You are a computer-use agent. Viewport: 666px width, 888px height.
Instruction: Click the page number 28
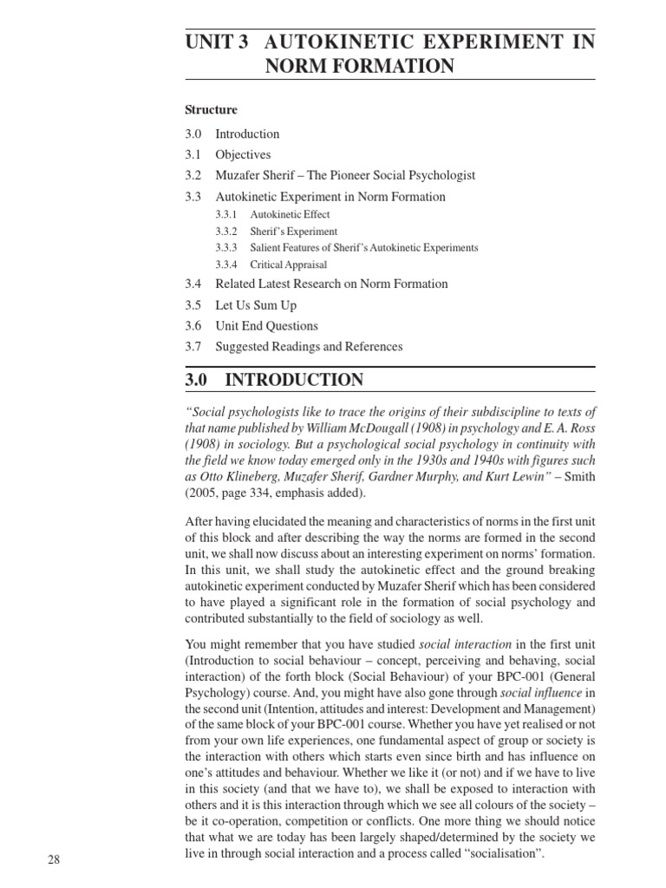[x=55, y=859]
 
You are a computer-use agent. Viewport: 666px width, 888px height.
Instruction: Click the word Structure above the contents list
[x=211, y=110]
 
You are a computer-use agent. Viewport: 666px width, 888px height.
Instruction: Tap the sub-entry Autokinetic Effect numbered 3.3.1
[x=290, y=214]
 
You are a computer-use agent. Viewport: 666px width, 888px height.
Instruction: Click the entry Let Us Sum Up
[x=256, y=305]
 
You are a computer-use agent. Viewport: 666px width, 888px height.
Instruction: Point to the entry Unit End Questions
[x=266, y=326]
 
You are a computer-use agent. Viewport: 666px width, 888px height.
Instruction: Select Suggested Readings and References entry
[x=309, y=347]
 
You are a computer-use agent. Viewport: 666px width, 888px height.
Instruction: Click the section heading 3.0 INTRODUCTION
[x=274, y=380]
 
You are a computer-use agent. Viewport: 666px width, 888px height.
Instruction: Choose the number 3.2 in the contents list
[x=193, y=175]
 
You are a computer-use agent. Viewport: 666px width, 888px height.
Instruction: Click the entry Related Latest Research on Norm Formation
[x=331, y=284]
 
